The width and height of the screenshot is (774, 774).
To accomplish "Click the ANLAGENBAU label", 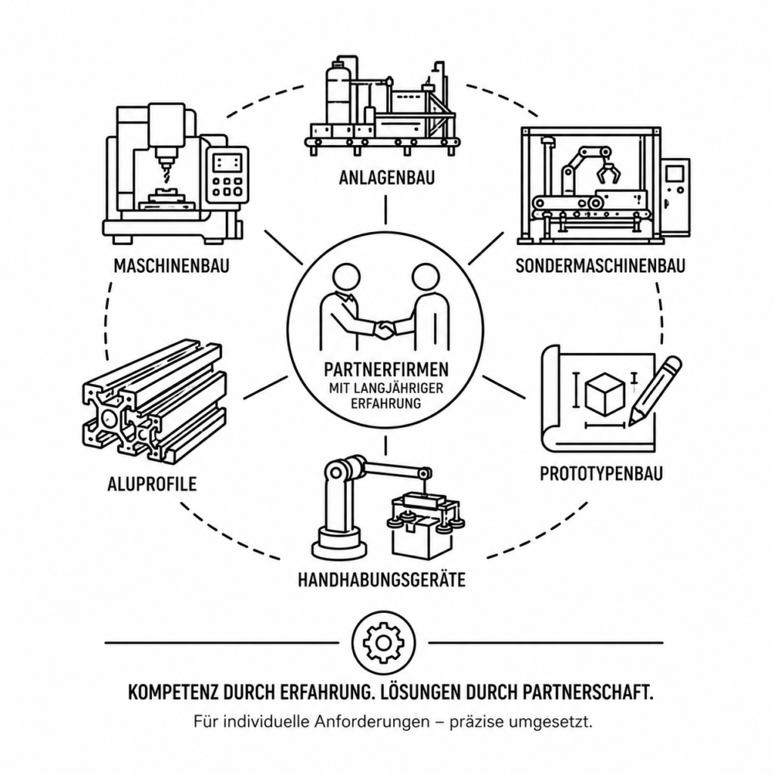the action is tap(386, 178).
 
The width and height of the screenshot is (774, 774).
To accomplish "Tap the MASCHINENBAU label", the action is tap(172, 266).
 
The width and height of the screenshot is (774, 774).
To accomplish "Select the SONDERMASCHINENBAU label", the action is tap(600, 266).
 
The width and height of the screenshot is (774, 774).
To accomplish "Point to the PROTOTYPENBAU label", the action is tap(601, 474).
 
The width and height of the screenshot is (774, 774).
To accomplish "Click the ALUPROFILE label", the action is tap(152, 485).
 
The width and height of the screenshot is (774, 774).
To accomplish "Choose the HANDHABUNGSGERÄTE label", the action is tap(382, 580).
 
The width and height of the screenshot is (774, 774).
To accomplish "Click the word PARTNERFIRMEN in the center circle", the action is tap(386, 369).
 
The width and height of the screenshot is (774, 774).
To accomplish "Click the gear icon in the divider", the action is tap(383, 642).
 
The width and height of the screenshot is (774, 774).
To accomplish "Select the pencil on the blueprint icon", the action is tap(655, 391).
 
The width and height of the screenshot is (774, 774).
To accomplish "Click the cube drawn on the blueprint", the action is tap(605, 395).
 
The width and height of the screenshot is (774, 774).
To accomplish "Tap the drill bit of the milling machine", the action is tap(165, 173).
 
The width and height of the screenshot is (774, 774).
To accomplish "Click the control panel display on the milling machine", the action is tap(227, 163).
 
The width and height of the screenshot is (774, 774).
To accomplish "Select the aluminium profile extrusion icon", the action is tap(153, 401).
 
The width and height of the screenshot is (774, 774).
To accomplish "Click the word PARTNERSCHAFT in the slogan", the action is tap(586, 692).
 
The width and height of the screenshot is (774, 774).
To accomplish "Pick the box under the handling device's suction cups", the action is tap(421, 538).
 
